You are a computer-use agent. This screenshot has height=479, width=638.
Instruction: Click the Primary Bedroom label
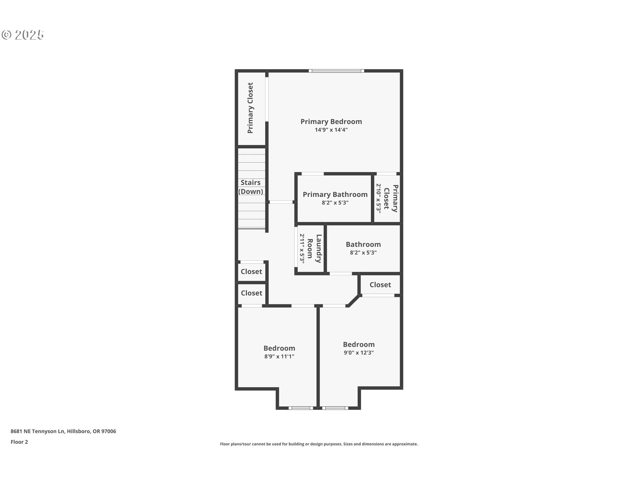(x=331, y=122)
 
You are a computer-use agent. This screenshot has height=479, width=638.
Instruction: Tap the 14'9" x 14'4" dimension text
(x=331, y=130)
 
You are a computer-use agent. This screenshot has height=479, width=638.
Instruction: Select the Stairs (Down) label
(x=251, y=187)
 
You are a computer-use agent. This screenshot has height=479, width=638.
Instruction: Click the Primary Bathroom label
(x=335, y=195)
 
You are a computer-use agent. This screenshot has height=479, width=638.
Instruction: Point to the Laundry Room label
(x=314, y=248)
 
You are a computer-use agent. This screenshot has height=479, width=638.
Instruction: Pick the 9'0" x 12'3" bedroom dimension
(x=359, y=353)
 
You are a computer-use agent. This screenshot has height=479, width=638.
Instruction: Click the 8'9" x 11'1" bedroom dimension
(x=279, y=356)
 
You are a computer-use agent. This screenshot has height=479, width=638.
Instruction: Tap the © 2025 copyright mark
(x=23, y=35)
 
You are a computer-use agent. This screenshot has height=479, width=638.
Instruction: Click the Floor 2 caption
(x=19, y=442)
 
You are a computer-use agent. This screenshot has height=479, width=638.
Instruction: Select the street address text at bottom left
(x=63, y=431)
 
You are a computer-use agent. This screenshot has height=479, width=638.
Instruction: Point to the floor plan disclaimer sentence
(x=319, y=444)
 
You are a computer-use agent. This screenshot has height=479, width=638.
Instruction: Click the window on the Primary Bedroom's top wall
(x=336, y=71)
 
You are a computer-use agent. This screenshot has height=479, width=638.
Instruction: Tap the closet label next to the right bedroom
(x=380, y=285)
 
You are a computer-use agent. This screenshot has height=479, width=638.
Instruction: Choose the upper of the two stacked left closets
(x=251, y=271)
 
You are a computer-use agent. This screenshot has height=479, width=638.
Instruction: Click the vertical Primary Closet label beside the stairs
(x=250, y=108)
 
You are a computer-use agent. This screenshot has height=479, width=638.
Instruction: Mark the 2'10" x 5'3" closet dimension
(x=378, y=198)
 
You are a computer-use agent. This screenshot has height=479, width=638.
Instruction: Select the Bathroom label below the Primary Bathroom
(x=363, y=244)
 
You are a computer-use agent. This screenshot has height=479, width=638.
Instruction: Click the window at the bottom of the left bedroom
(x=301, y=408)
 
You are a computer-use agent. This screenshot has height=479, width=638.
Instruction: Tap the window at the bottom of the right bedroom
(x=335, y=408)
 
